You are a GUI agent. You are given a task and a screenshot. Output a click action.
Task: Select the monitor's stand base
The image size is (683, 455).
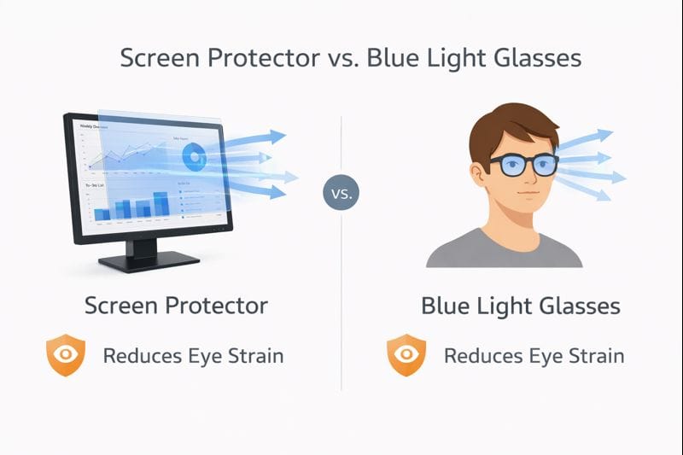[149, 260]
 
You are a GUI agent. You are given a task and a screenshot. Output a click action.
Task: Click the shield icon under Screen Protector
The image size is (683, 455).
[66, 356]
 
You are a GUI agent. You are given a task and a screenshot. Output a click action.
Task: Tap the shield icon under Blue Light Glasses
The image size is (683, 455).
[406, 356]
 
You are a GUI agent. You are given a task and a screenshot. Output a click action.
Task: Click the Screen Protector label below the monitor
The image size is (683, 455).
[176, 306]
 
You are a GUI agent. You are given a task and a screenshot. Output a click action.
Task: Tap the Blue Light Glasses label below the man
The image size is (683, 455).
[521, 306]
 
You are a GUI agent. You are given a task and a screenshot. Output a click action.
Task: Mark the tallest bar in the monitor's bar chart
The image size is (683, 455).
[161, 203]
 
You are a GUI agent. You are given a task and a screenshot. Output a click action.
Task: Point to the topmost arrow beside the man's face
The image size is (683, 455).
[598, 135]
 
